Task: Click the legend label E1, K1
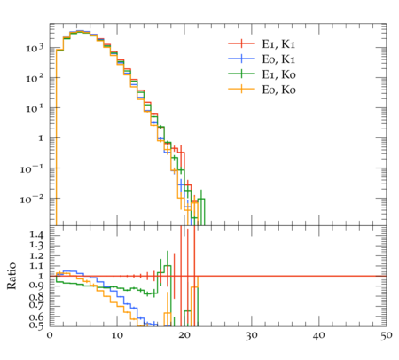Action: pyautogui.click(x=278, y=43)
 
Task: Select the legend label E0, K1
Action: pyautogui.click(x=278, y=59)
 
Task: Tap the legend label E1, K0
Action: pyautogui.click(x=278, y=74)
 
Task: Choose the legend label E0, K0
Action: pyautogui.click(x=278, y=90)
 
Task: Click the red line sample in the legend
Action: pyautogui.click(x=241, y=43)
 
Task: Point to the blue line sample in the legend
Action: pyautogui.click(x=241, y=59)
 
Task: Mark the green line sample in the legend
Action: pyautogui.click(x=241, y=74)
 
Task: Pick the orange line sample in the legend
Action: pyautogui.click(x=241, y=89)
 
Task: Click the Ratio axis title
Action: pyautogui.click(x=12, y=276)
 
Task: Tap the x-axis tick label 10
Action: pyautogui.click(x=117, y=335)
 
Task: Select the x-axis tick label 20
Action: pyautogui.click(x=184, y=335)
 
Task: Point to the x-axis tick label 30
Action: pyautogui.click(x=252, y=335)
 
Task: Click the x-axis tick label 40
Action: pyautogui.click(x=319, y=335)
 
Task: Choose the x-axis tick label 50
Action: pyautogui.click(x=387, y=335)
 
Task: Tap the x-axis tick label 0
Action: pyautogui.click(x=50, y=335)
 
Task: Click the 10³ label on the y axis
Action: pyautogui.click(x=35, y=47)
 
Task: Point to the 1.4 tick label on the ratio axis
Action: pyautogui.click(x=36, y=235)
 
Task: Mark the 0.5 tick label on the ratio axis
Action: pyautogui.click(x=36, y=325)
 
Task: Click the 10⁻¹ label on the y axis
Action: pyautogui.click(x=32, y=168)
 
